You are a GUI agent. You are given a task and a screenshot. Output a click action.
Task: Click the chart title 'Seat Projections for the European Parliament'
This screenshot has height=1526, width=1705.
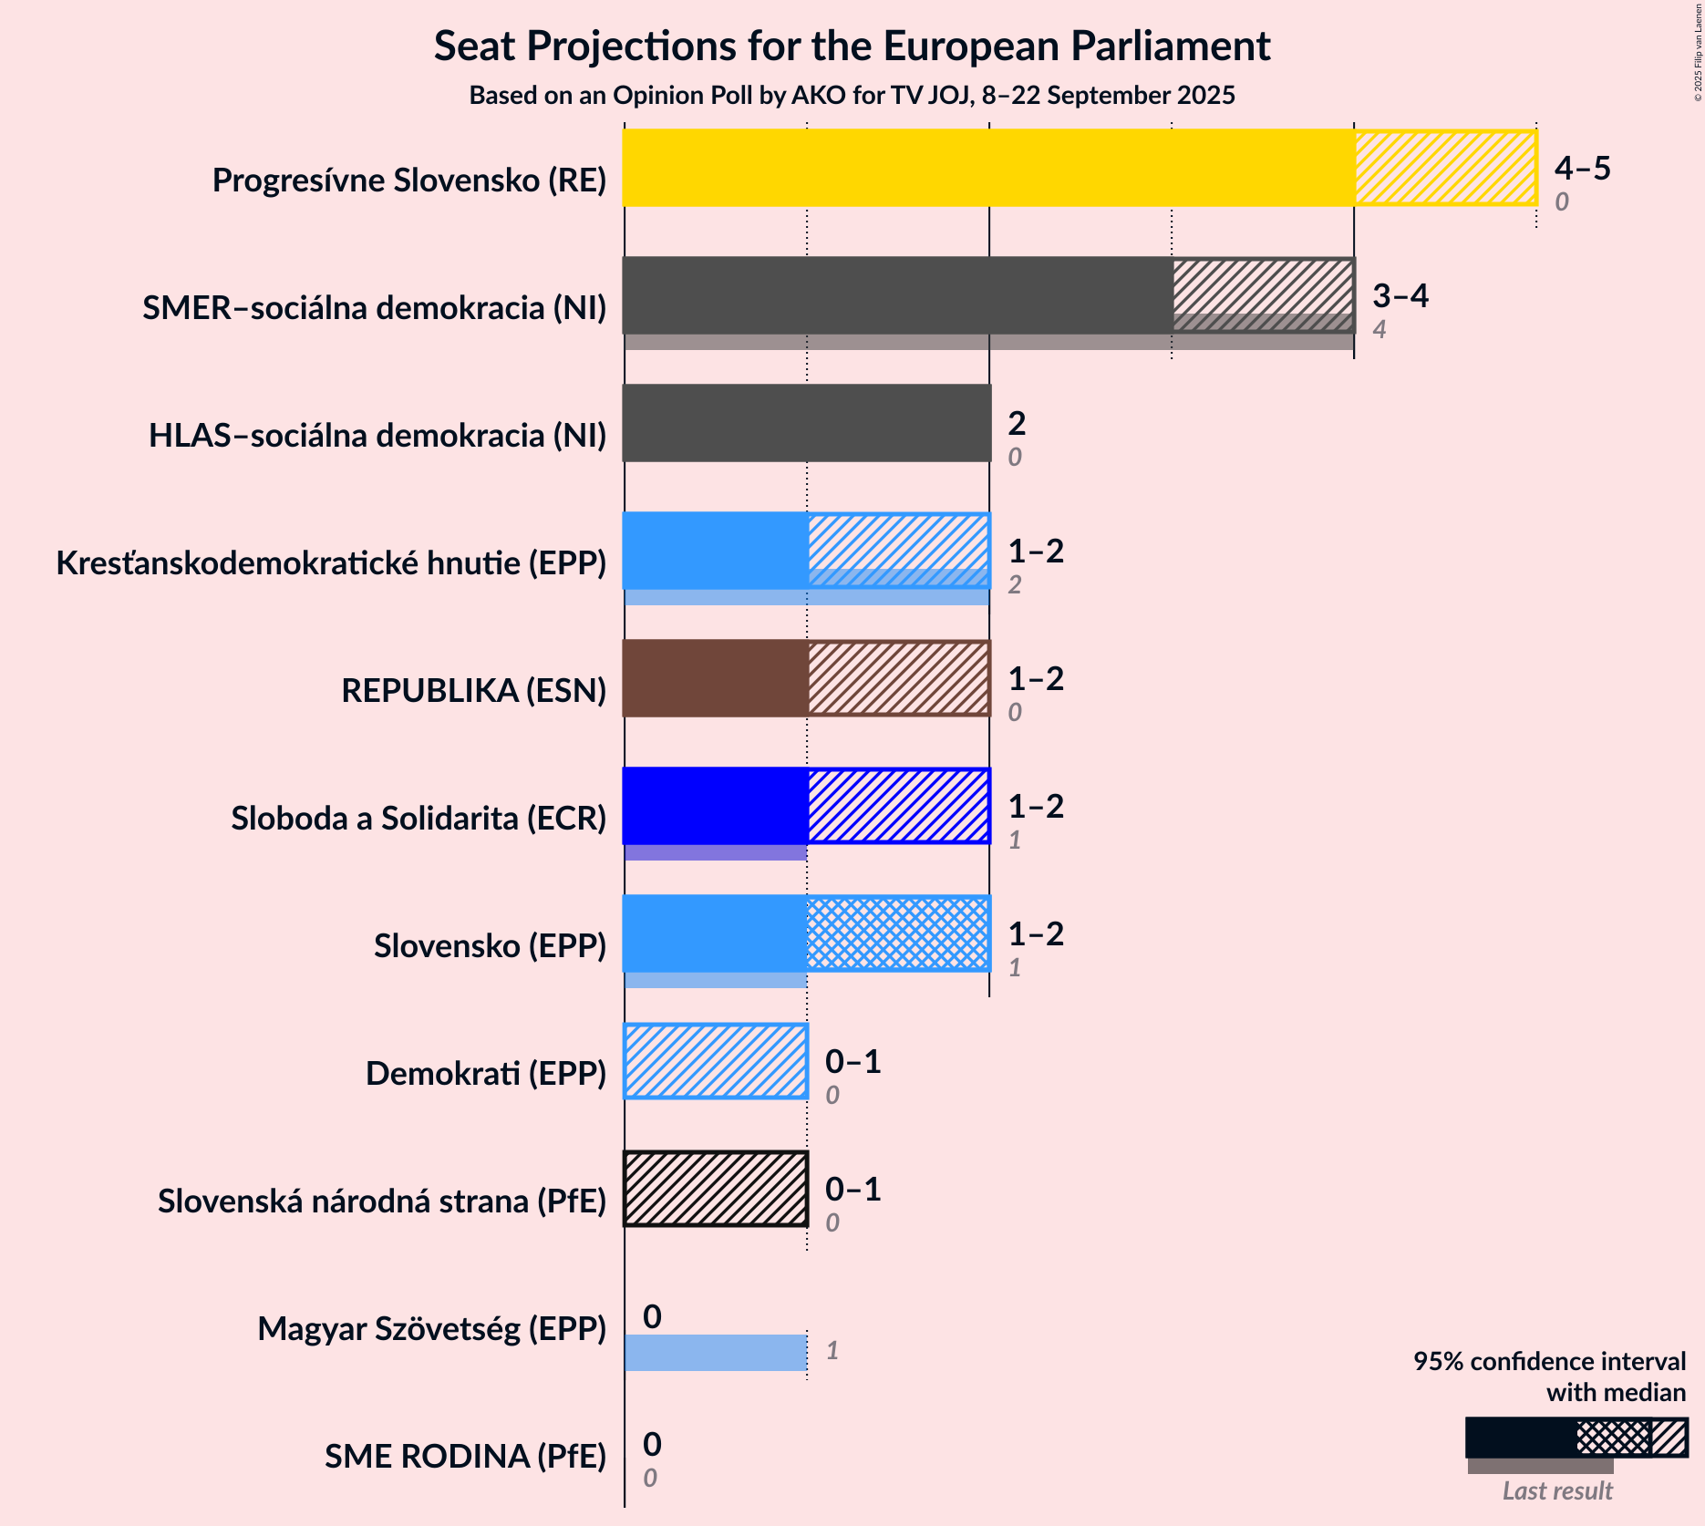point(852,46)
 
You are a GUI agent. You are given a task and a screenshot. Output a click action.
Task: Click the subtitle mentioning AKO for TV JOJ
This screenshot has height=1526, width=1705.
point(852,96)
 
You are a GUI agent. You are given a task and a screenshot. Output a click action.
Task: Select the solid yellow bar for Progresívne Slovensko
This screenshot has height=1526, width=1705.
point(988,168)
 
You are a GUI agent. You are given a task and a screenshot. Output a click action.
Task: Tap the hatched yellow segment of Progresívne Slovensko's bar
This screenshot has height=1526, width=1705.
point(1445,168)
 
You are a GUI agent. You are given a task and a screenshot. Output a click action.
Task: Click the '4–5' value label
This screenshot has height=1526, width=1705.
point(1582,168)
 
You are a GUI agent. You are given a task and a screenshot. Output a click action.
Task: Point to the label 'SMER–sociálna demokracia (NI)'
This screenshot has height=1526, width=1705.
point(374,308)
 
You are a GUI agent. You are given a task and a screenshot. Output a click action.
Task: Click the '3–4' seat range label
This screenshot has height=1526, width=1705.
point(1400,295)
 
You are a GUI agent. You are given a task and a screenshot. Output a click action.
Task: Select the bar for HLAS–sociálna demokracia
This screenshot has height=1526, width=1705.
point(807,423)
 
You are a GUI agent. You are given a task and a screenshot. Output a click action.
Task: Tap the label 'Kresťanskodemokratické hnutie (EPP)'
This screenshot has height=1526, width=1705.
point(331,563)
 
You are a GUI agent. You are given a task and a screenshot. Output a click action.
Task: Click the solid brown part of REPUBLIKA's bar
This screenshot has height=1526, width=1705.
point(716,678)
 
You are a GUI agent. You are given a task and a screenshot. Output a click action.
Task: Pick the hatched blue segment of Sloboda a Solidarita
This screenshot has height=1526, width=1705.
point(898,806)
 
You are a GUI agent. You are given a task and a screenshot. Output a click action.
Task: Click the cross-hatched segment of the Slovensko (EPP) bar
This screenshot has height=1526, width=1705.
point(898,933)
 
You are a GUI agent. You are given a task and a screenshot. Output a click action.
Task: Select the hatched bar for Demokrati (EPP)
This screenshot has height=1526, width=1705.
point(716,1061)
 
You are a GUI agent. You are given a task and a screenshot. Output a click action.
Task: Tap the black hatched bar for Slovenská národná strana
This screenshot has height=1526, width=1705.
point(716,1189)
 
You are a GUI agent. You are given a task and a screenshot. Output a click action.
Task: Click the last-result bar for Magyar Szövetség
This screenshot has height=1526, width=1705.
point(716,1352)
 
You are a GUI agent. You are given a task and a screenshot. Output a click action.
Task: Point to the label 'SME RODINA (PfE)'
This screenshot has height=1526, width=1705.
point(465,1457)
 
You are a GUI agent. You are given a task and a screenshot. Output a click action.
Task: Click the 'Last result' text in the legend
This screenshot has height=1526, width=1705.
point(1557,1490)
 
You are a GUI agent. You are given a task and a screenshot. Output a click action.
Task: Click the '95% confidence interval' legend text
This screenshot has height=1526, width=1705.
point(1549,1361)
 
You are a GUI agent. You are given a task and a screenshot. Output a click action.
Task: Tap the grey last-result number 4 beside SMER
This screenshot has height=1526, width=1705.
point(1379,329)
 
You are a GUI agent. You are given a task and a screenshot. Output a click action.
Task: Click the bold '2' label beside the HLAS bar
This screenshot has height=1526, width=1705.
point(1017,423)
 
